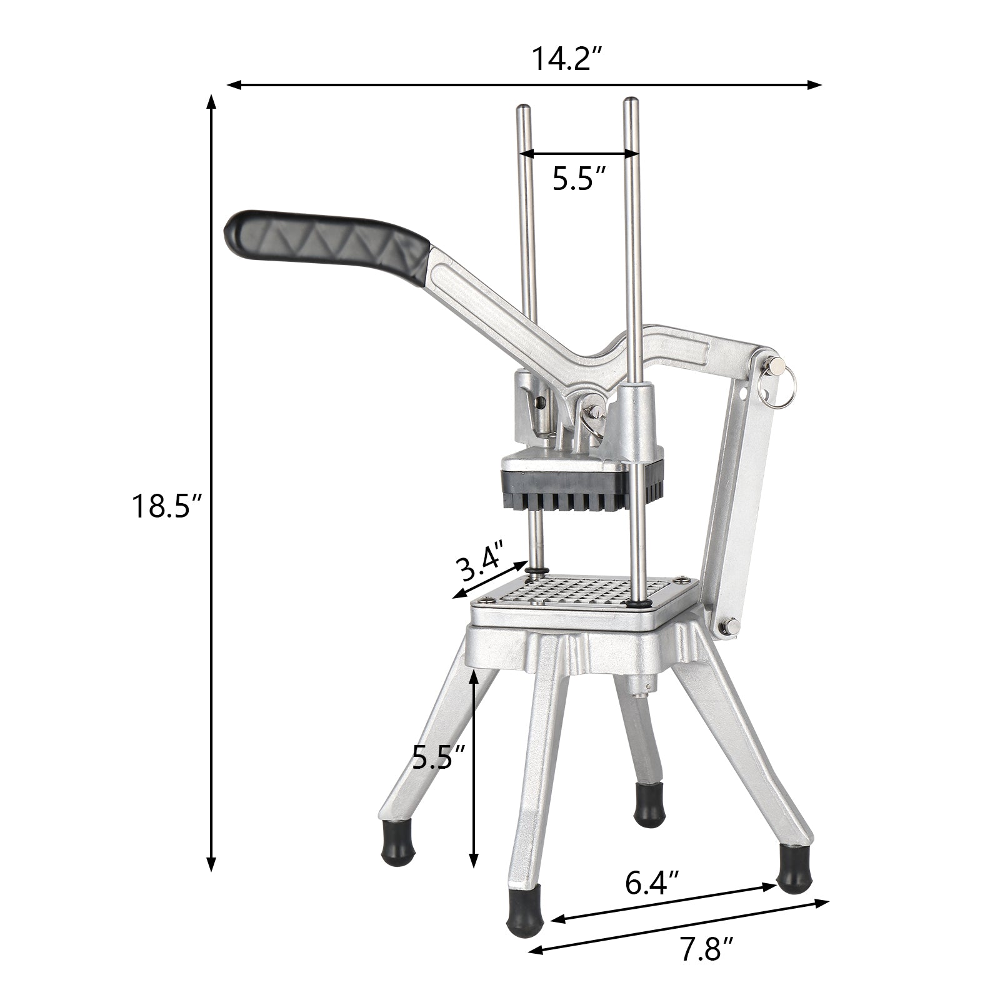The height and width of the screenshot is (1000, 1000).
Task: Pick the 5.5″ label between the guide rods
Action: tap(579, 179)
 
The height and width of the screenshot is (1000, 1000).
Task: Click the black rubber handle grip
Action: tap(325, 245)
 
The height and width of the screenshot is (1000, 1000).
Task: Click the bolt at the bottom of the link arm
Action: tap(727, 626)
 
